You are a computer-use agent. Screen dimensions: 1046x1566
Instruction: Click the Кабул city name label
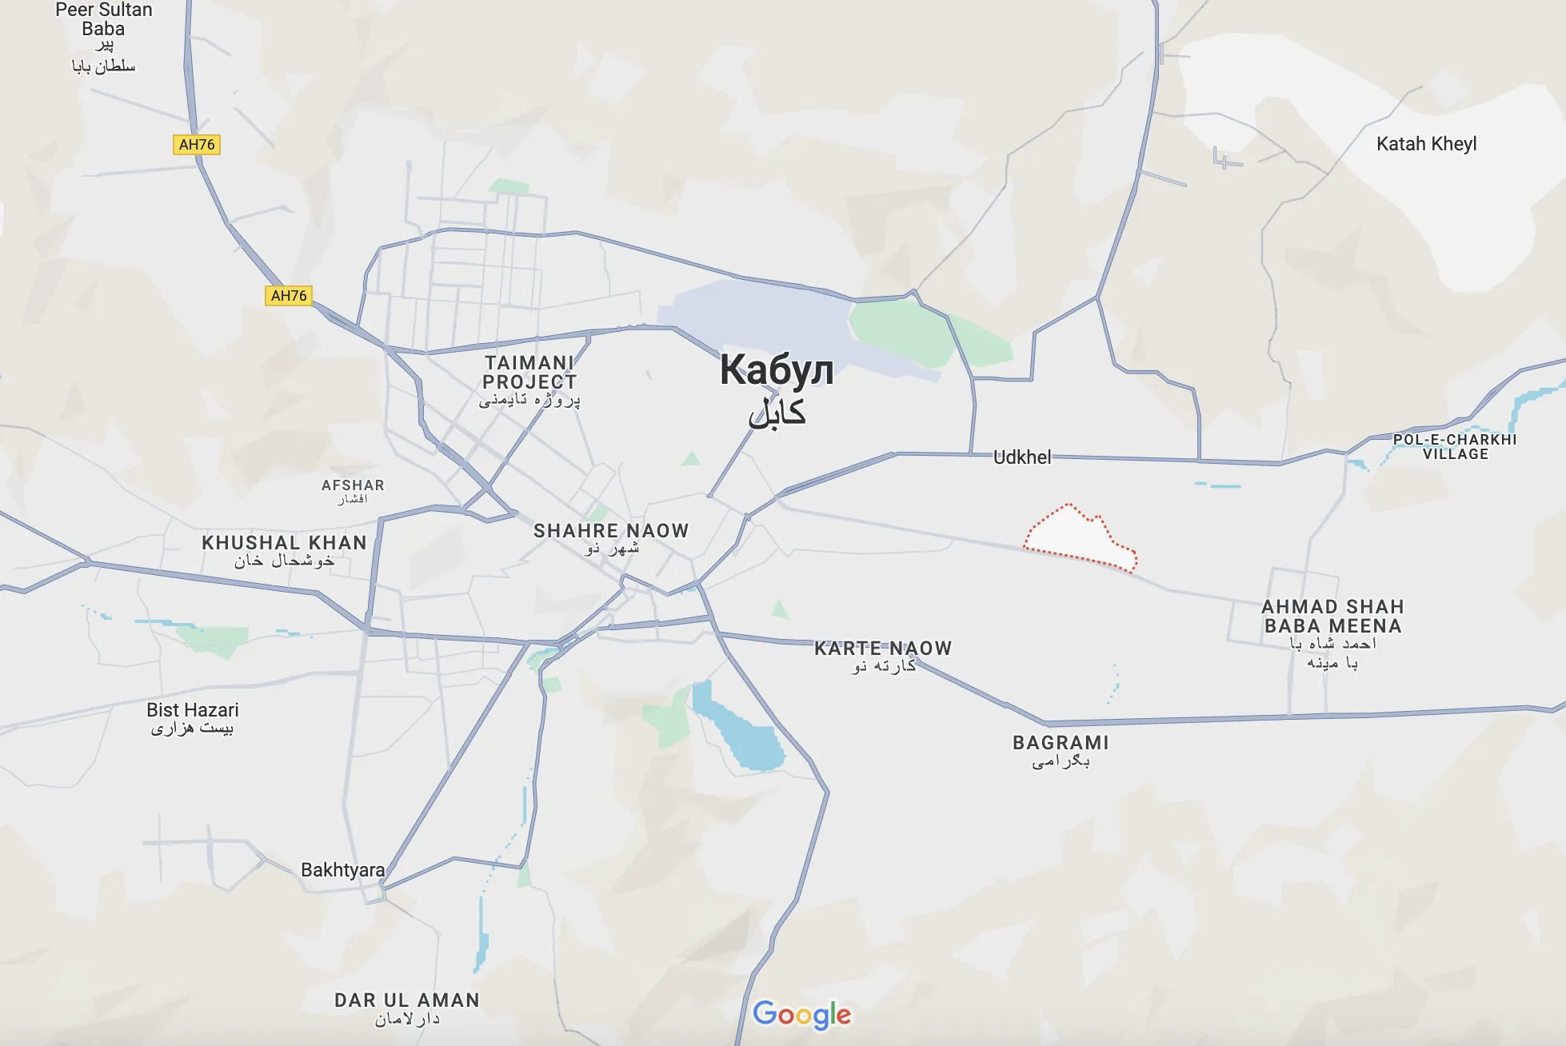(776, 371)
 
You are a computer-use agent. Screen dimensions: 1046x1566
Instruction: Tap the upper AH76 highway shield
(197, 145)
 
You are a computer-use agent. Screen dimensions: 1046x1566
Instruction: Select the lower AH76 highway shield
(289, 296)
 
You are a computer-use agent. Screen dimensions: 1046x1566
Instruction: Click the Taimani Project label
(529, 373)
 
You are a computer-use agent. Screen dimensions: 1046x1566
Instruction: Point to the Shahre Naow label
(611, 531)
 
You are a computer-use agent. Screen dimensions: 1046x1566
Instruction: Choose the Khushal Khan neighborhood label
(284, 543)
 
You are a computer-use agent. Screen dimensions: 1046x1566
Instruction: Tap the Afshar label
(353, 485)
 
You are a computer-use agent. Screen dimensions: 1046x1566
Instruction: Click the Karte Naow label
(883, 649)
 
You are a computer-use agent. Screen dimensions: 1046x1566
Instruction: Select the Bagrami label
(1061, 743)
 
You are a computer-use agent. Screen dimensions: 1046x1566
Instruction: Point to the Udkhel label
(1022, 457)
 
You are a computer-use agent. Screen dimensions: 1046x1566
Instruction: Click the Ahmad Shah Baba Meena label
(1332, 617)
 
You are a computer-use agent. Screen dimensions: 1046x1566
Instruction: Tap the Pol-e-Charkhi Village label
(1455, 446)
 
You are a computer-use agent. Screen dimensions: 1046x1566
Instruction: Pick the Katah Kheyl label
(1426, 144)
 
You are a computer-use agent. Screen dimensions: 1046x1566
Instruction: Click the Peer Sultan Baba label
(104, 20)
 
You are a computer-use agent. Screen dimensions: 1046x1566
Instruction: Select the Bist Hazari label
(193, 710)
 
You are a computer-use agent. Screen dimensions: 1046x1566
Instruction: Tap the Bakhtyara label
(342, 870)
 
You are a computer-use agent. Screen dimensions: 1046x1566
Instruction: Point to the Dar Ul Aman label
(407, 1000)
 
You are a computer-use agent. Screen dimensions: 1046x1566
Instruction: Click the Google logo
(802, 1015)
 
